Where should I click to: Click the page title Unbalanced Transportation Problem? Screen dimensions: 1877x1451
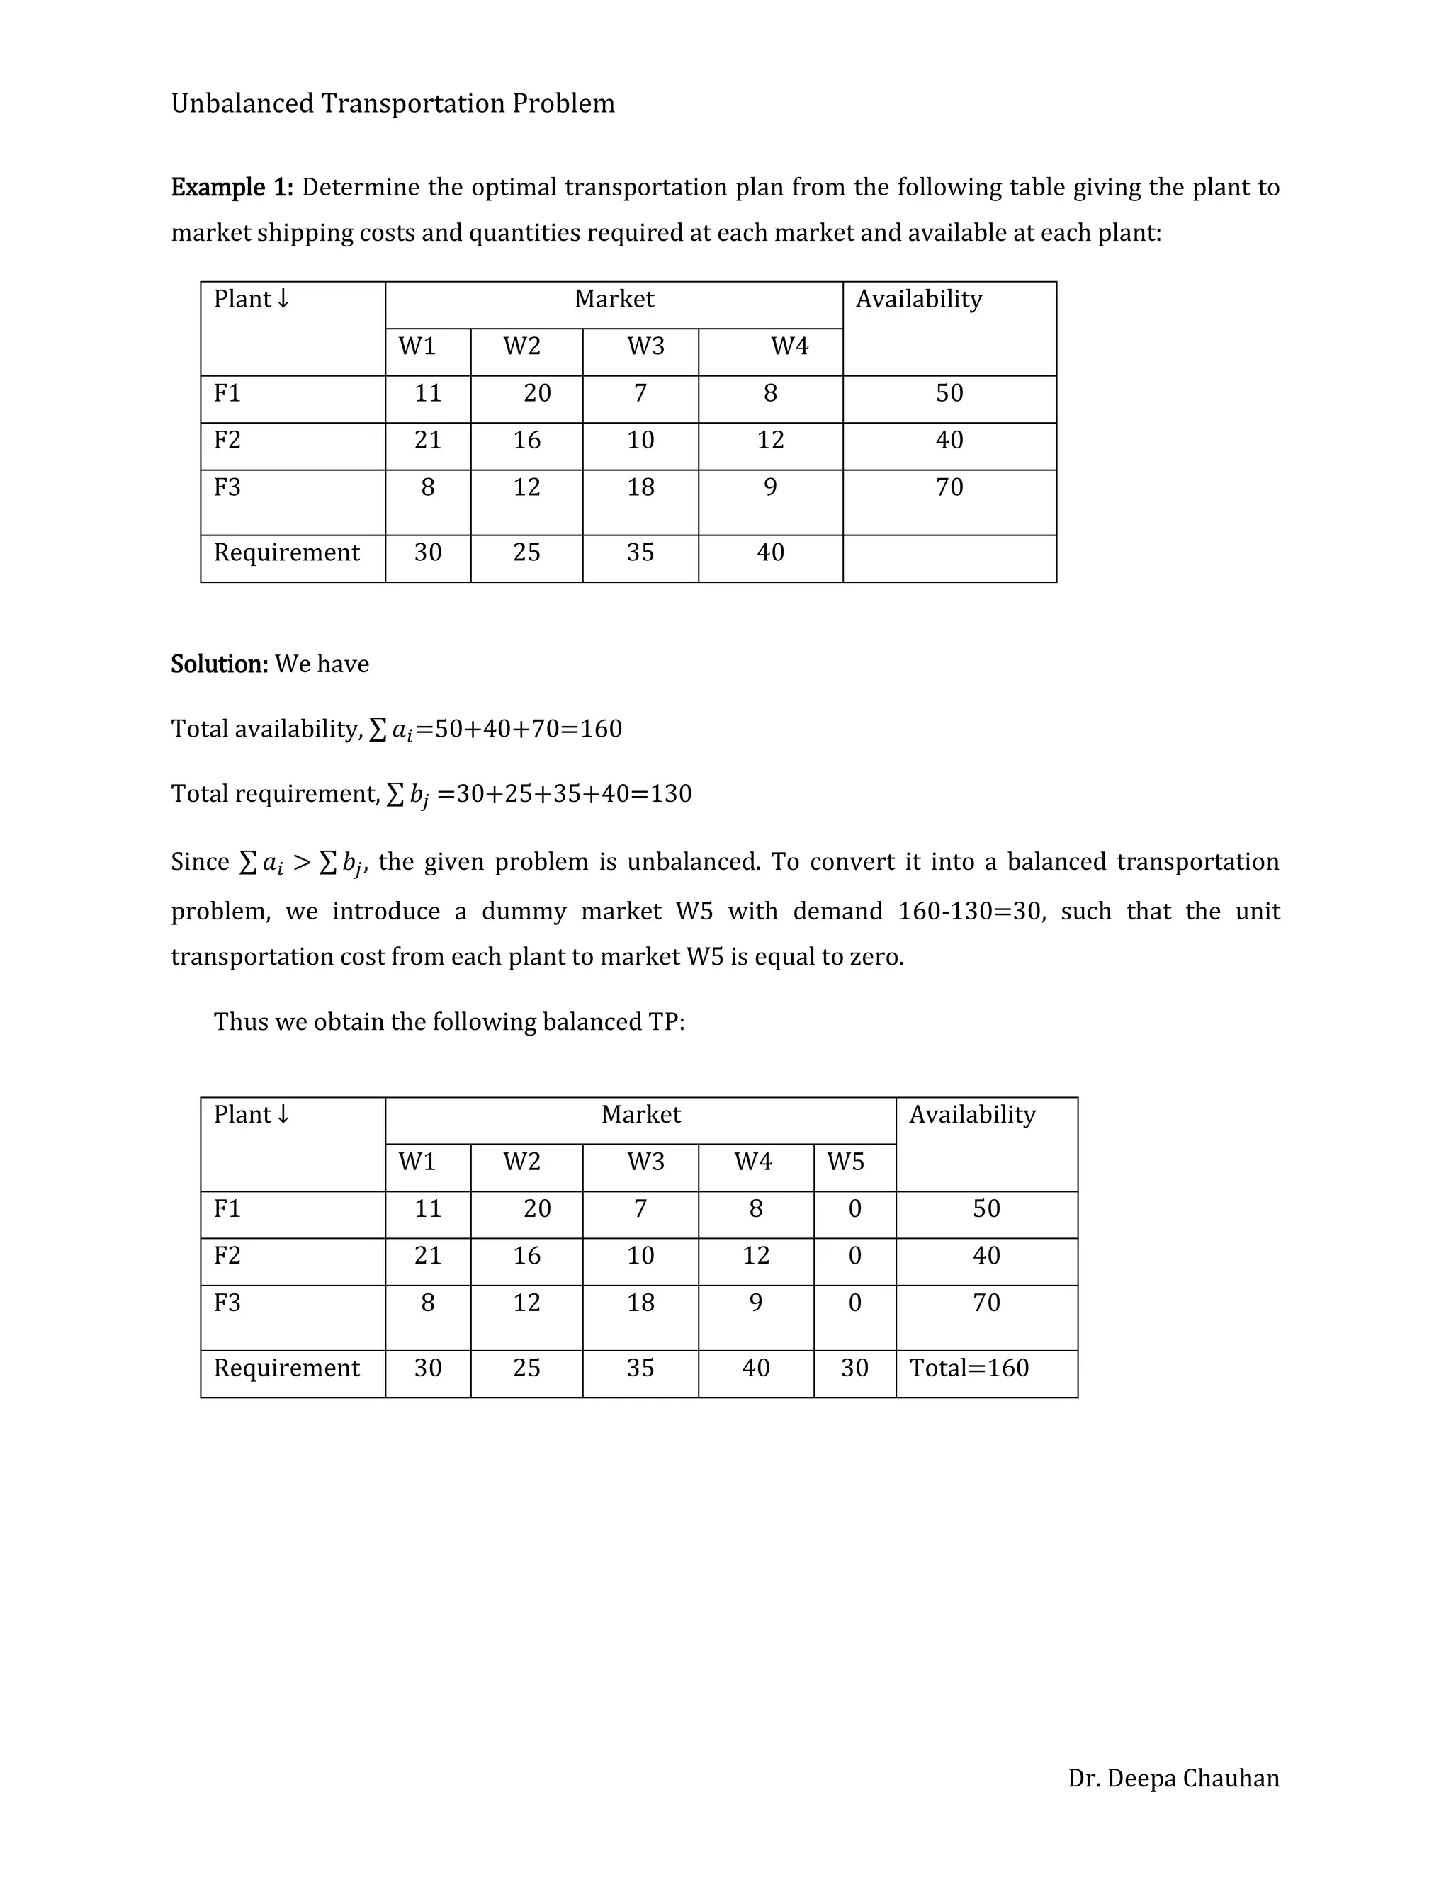[393, 103]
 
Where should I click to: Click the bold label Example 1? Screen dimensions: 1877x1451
[232, 188]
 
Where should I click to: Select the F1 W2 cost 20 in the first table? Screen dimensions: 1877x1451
[536, 393]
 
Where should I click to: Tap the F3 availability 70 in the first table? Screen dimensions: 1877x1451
[949, 487]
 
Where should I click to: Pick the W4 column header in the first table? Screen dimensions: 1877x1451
[789, 346]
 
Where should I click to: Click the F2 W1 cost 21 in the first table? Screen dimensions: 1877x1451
[427, 440]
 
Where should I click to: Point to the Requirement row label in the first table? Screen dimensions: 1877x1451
[286, 552]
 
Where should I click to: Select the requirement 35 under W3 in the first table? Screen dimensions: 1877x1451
[640, 552]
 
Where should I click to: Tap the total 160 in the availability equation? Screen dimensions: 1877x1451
[600, 729]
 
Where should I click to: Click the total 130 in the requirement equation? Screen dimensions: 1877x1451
[670, 793]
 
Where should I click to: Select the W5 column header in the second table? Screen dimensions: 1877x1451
[845, 1162]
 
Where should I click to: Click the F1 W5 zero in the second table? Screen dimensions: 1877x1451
[854, 1209]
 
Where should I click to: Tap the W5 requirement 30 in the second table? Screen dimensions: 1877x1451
[854, 1368]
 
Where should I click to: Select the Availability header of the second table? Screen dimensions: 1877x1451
[972, 1115]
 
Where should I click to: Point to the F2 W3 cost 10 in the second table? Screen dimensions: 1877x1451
[640, 1256]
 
